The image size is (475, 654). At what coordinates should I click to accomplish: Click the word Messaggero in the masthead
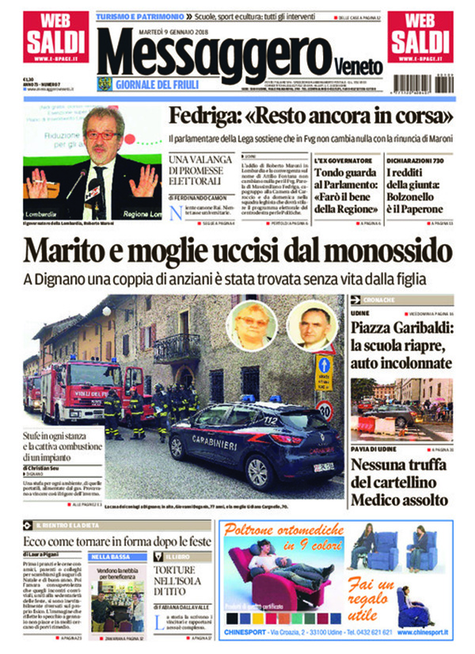(212, 52)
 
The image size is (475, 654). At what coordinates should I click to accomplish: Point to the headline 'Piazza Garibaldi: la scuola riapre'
(401, 338)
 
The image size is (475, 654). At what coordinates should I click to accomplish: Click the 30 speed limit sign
(324, 411)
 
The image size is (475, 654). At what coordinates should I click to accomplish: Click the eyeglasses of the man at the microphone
(101, 136)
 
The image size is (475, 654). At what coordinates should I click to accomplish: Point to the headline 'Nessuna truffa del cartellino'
(401, 482)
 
